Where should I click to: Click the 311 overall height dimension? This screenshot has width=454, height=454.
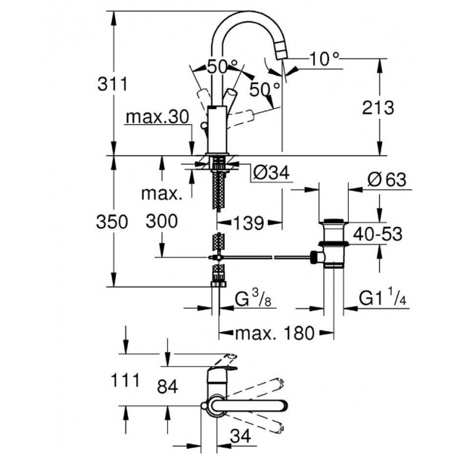coord(113,84)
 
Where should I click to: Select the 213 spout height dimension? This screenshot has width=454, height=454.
coord(378,107)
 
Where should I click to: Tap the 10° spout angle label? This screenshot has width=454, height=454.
coord(325,59)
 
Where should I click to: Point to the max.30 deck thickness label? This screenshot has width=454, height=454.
coord(157,117)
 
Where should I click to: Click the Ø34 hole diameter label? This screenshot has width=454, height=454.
coord(272,173)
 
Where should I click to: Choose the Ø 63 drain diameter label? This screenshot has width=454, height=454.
coord(387,180)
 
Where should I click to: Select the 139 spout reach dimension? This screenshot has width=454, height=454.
coord(249,223)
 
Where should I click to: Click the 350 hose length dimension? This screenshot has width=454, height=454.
coord(112,222)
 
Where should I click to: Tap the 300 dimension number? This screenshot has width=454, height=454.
coord(162,222)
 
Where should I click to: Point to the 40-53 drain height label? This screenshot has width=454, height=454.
coord(378,234)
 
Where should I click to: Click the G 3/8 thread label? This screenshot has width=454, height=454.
coord(253,299)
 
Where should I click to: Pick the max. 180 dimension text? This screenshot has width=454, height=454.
coord(275,333)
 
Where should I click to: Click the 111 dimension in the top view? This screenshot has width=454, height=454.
coord(126,380)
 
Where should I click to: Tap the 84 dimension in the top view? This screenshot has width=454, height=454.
coord(167,386)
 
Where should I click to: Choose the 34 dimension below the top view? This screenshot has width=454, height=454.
coord(241,436)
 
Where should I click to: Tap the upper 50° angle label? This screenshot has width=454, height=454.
coord(222,67)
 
